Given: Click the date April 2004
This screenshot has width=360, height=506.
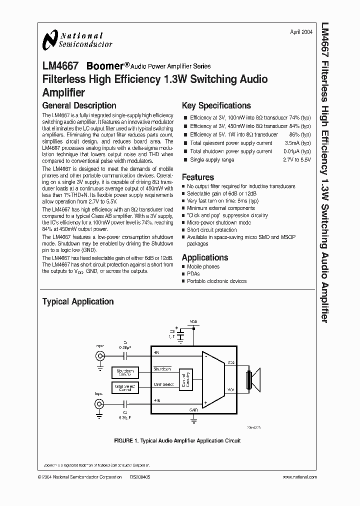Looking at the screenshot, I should [x=301, y=32].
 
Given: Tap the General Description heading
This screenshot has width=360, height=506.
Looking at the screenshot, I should [x=79, y=105].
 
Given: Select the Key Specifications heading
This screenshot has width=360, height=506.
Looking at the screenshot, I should [x=216, y=105].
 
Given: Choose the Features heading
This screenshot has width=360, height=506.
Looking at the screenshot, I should [x=197, y=177].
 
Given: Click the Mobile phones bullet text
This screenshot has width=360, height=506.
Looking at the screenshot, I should [x=203, y=266].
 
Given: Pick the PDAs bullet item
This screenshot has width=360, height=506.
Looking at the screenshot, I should [x=193, y=274].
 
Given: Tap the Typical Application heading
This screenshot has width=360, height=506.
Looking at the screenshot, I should [x=77, y=301].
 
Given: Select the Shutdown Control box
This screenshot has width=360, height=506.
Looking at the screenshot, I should [x=125, y=372].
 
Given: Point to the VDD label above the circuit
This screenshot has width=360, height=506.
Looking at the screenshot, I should [x=193, y=321].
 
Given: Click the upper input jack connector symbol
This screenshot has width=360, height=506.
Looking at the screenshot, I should [x=100, y=356].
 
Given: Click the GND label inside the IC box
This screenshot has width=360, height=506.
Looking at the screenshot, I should [x=194, y=409].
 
